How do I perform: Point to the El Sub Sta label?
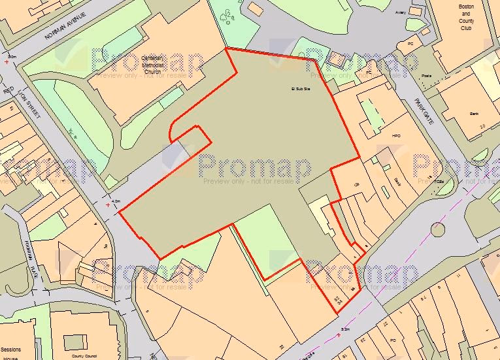tap(299, 88)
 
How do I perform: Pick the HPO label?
tap(395, 135)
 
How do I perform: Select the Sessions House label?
tap(10, 353)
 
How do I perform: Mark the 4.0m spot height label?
tap(117, 201)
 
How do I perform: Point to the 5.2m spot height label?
tap(345, 329)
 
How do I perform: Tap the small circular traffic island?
tap(438, 229)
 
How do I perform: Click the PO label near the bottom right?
tap(393, 340)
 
